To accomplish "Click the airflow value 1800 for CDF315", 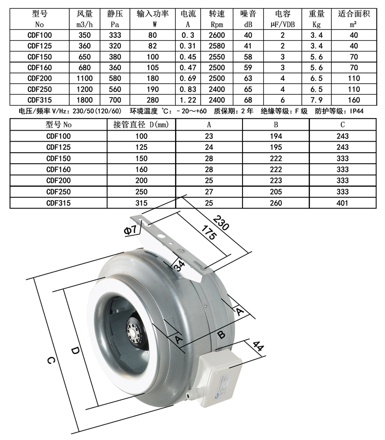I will point(85,99).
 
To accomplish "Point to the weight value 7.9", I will point(315,99).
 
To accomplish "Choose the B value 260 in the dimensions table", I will point(276,203).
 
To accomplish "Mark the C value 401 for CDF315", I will point(342,203).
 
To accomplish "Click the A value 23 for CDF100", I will point(209,136).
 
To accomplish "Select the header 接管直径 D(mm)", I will point(141,125).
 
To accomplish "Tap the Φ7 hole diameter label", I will point(131,231).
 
